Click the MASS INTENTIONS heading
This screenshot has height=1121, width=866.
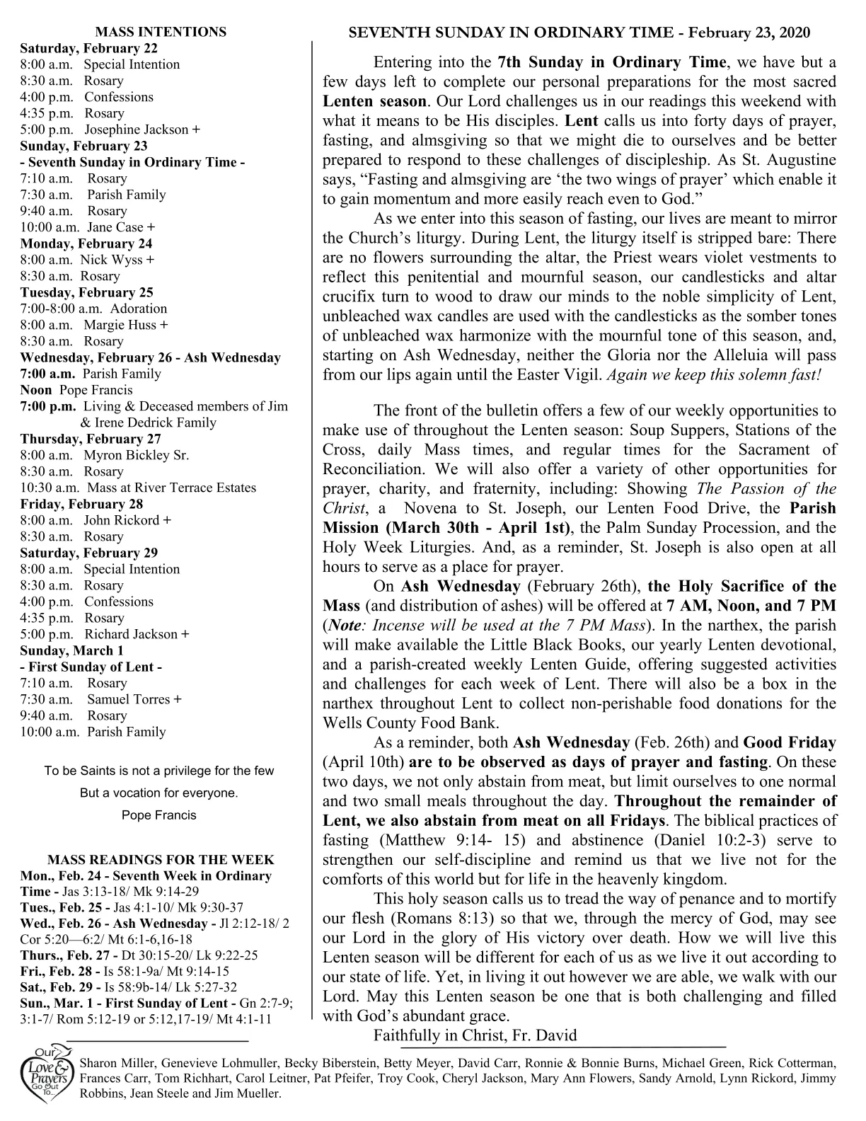click(x=161, y=32)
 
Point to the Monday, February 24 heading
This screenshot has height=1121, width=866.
click(x=86, y=243)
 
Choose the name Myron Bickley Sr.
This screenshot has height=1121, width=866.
click(x=137, y=455)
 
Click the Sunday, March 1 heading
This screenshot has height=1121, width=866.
click(x=71, y=650)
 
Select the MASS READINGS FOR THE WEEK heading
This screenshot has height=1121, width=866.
click(x=161, y=860)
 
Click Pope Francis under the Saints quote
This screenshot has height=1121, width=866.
click(x=159, y=815)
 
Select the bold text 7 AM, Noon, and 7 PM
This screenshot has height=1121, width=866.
click(x=751, y=606)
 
